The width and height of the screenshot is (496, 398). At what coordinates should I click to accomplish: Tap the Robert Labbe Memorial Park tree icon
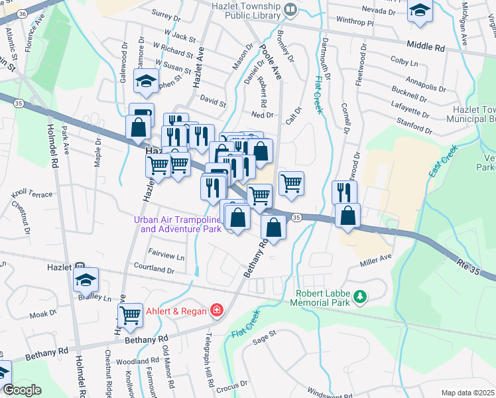click(360, 297)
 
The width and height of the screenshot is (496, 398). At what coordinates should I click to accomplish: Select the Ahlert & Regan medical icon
click(216, 309)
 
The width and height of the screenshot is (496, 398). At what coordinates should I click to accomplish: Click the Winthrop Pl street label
click(356, 22)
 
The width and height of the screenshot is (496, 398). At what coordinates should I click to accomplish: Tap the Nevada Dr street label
click(379, 10)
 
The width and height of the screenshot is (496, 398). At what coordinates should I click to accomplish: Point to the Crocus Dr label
click(232, 385)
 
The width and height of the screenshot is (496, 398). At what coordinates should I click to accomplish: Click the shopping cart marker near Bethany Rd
click(131, 314)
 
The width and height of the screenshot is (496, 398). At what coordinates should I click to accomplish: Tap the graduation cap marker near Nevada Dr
click(419, 11)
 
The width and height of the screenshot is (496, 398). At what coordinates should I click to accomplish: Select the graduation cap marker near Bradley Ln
click(86, 281)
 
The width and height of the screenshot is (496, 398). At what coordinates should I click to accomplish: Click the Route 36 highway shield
click(22, 13)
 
